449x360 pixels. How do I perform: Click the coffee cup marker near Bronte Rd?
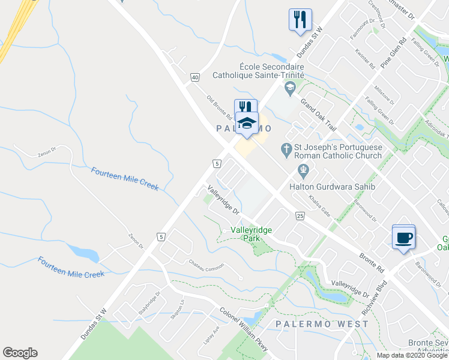(x=403, y=237)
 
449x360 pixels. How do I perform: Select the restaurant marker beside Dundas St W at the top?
(x=299, y=20)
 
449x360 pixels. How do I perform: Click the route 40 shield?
(x=195, y=77)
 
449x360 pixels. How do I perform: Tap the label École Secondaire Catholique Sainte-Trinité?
(x=259, y=71)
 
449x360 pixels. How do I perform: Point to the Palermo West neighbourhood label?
(x=322, y=324)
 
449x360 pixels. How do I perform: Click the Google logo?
(x=20, y=353)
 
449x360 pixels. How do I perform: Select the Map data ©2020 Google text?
(x=412, y=355)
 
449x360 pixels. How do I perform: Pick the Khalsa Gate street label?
(x=319, y=205)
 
